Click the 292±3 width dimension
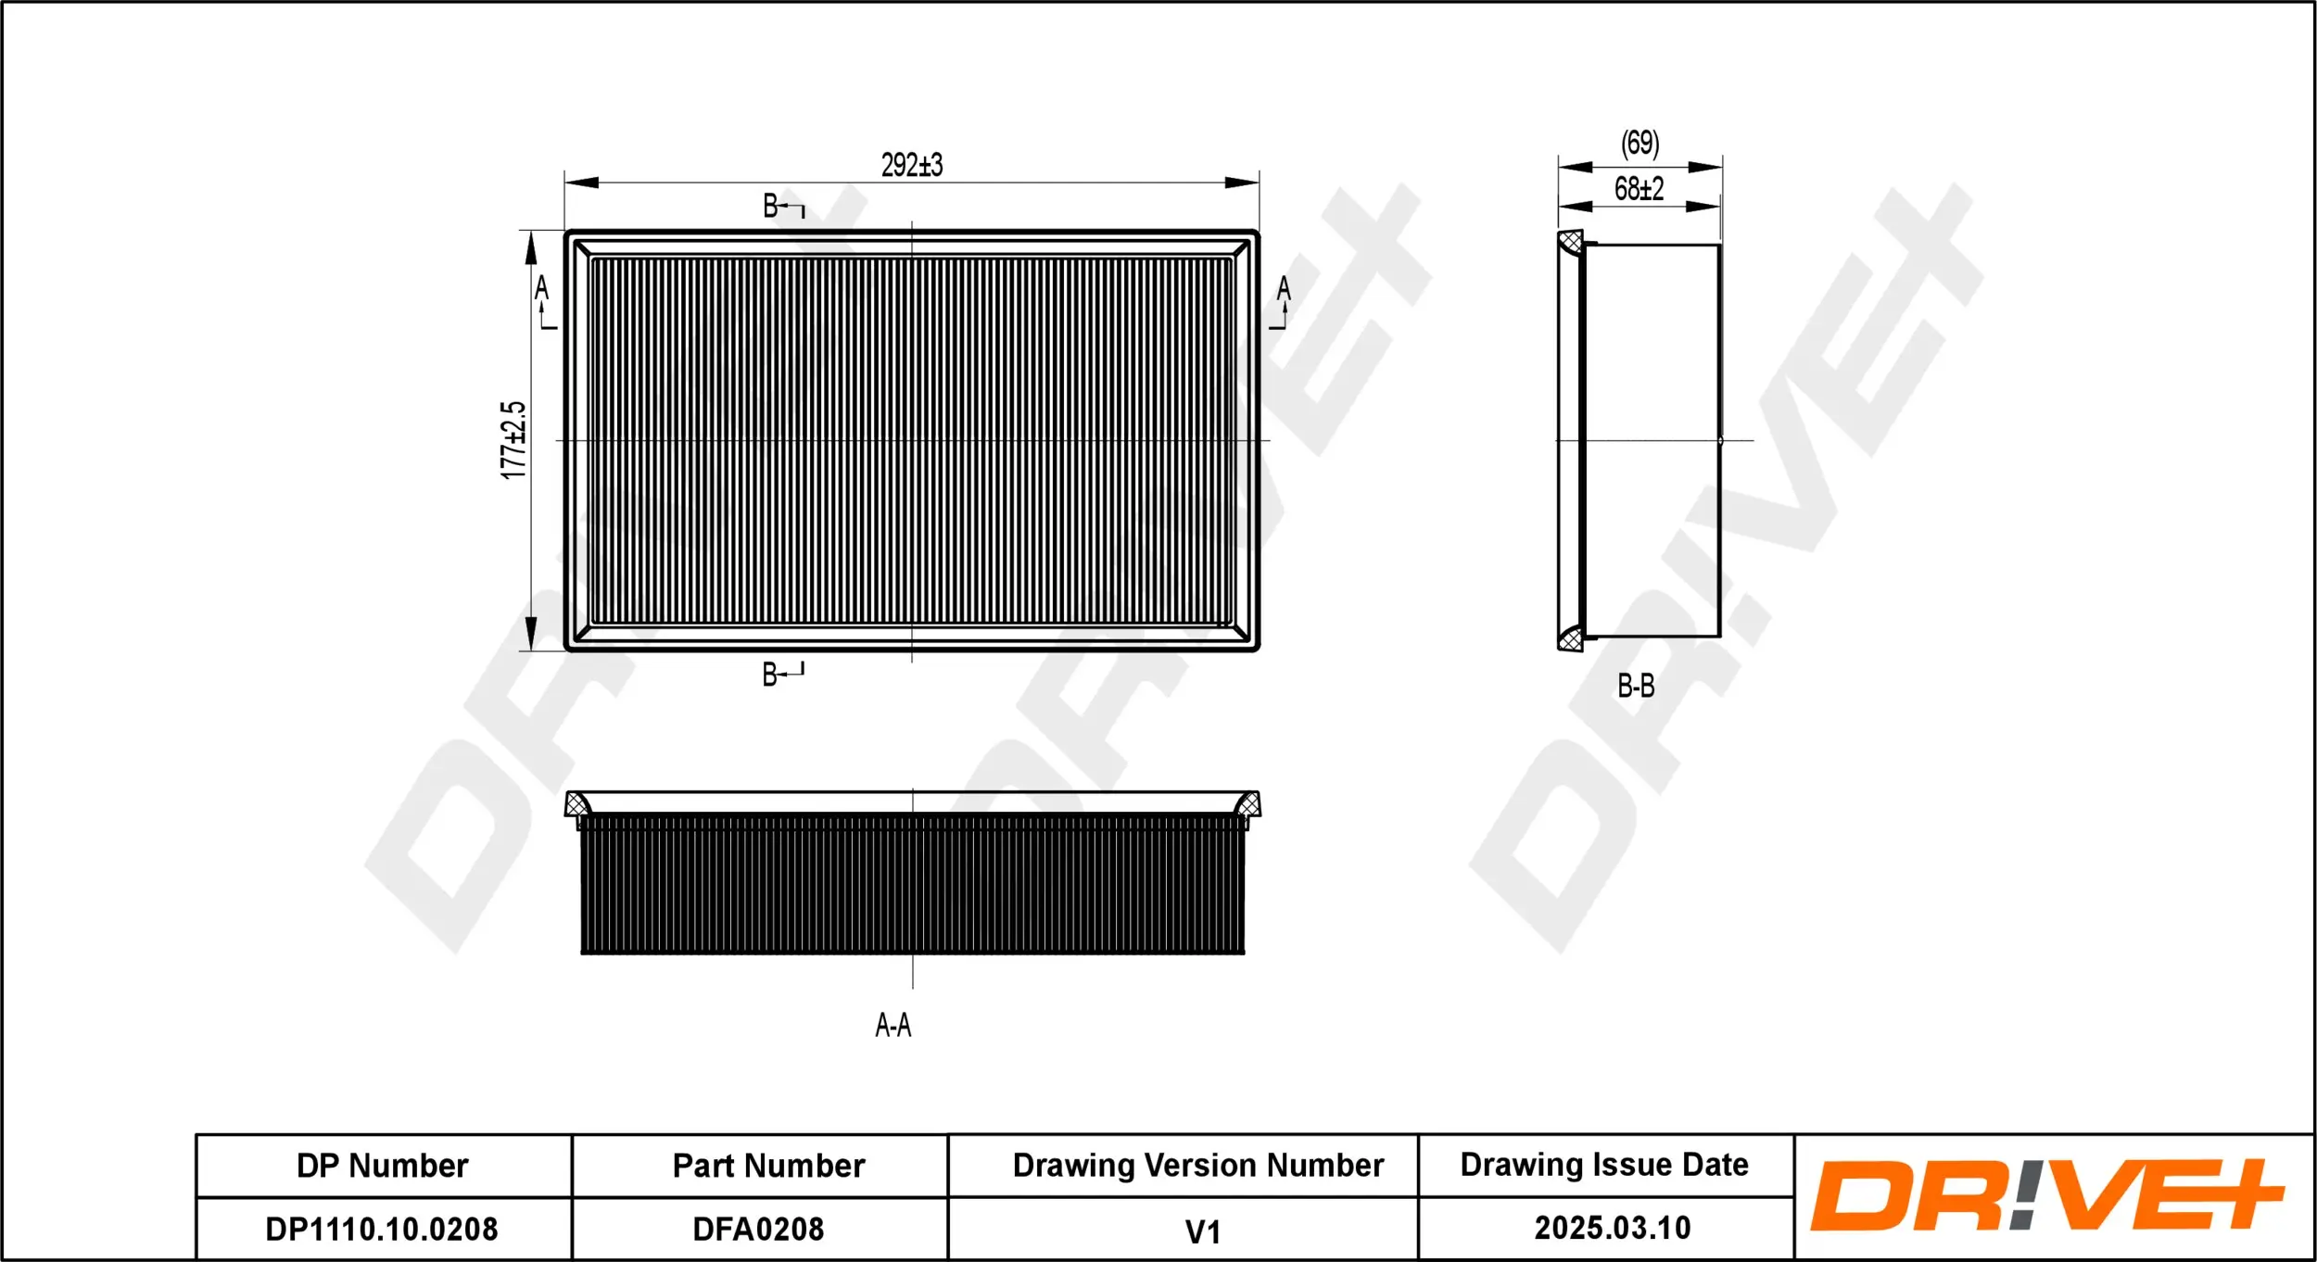911,165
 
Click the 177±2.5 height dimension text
513,440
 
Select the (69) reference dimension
1640,143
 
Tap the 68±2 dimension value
1639,189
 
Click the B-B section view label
1636,686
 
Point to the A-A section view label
893,1025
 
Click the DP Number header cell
382,1166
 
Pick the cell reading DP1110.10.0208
382,1229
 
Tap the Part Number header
768,1166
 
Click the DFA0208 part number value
758,1229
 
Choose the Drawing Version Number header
1197,1165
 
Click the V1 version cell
1202,1231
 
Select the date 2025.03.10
1612,1228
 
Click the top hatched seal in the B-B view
1570,243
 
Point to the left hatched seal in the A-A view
576,803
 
